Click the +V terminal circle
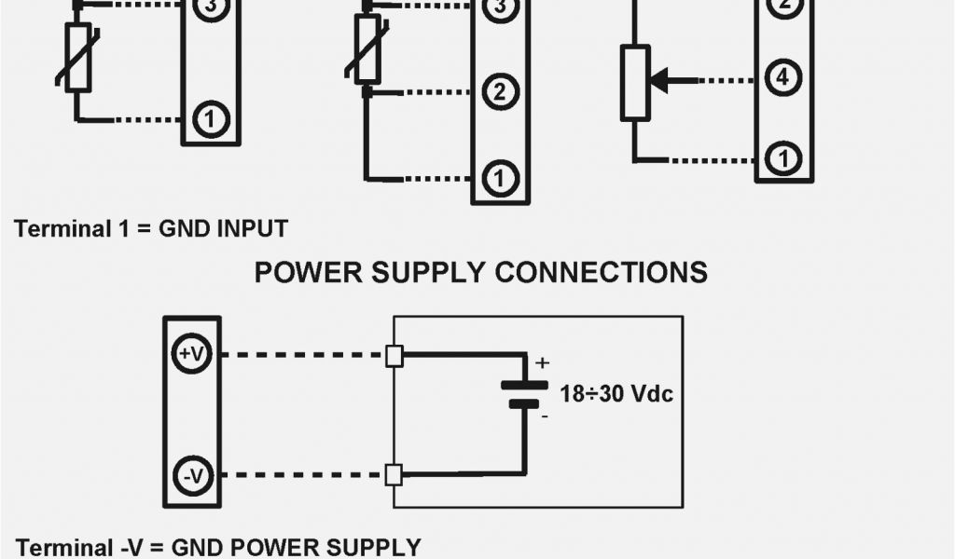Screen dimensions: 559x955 pos(191,354)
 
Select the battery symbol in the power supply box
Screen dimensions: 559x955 pos(524,393)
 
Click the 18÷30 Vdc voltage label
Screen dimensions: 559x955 pos(616,393)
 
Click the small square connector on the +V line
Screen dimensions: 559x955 pos(394,355)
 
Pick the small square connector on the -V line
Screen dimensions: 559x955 pos(394,474)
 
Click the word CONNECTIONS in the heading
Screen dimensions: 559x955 pos(601,272)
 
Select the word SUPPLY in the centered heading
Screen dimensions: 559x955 pos(425,272)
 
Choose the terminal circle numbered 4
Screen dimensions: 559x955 pos(782,78)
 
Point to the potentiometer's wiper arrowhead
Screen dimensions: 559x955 pos(658,80)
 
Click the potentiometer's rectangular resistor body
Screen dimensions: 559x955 pos(635,84)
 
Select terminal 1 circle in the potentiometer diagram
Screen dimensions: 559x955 pos(782,159)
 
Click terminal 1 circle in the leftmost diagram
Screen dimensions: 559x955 pos(211,119)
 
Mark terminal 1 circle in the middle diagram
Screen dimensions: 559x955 pos(500,177)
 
